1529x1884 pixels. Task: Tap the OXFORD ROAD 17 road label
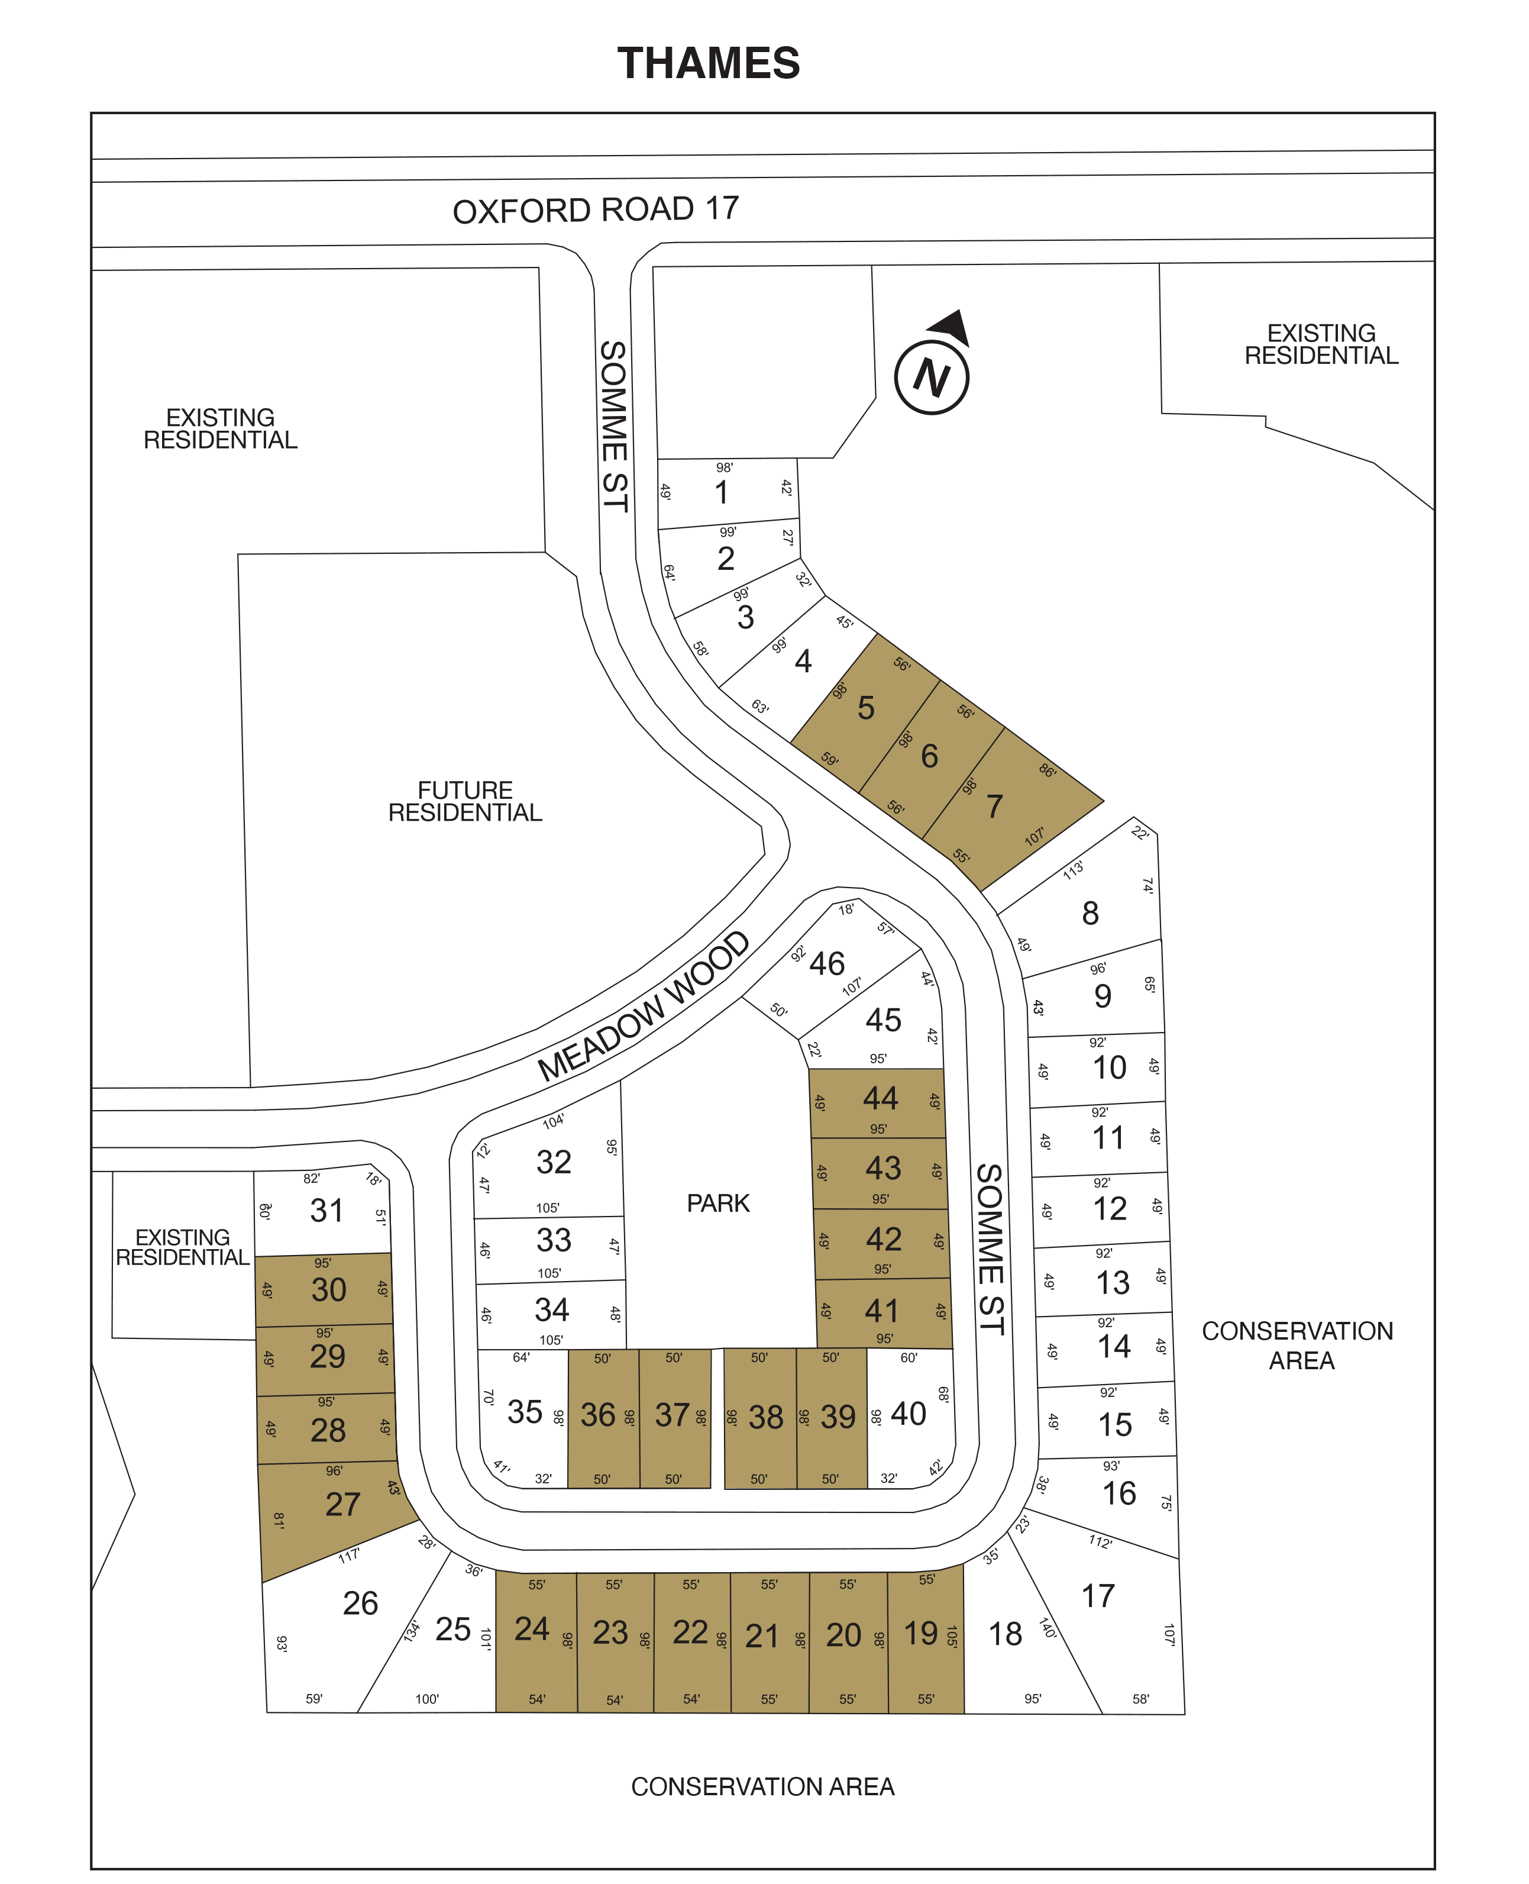click(596, 209)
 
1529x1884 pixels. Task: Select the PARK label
click(718, 1203)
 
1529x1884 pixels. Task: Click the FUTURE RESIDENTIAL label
click(465, 801)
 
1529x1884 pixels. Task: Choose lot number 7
click(994, 805)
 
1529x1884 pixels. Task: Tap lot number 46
click(827, 963)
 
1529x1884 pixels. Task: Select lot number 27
click(342, 1504)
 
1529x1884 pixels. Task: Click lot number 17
click(1097, 1596)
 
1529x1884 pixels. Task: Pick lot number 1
click(722, 492)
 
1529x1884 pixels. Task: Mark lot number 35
click(525, 1412)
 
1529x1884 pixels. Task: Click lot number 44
click(881, 1098)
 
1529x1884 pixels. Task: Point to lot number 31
click(326, 1210)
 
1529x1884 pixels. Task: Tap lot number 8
click(1090, 913)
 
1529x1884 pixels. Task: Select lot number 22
click(690, 1632)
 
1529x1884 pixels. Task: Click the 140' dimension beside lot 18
click(1047, 1628)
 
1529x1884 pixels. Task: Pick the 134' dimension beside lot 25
click(411, 1631)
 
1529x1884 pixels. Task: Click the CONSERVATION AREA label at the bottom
click(763, 1786)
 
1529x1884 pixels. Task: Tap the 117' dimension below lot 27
click(349, 1556)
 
